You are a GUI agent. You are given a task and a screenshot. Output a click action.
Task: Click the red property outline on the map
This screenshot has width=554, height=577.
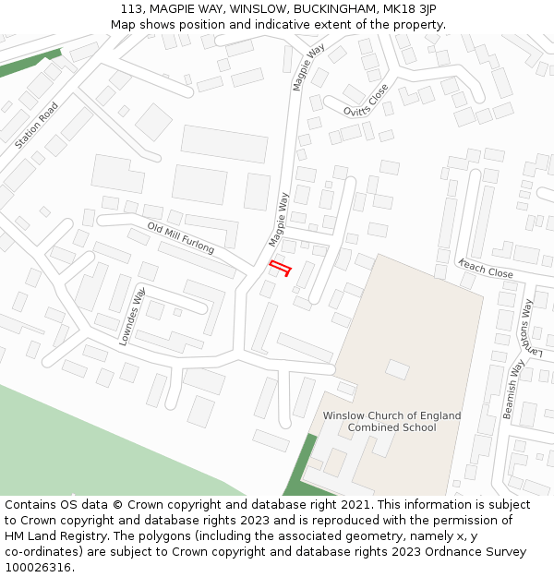click(280, 268)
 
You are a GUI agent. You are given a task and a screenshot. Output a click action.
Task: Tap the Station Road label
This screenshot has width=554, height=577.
click(37, 126)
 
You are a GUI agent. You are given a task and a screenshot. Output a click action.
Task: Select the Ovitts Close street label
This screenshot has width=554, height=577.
click(367, 100)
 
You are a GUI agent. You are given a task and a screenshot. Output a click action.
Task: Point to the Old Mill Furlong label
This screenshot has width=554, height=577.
click(181, 238)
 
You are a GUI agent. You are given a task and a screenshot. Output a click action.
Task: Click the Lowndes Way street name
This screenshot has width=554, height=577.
click(133, 317)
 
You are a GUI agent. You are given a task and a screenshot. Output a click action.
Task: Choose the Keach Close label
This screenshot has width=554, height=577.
click(486, 270)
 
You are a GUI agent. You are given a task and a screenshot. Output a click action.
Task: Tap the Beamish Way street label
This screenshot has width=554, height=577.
click(513, 389)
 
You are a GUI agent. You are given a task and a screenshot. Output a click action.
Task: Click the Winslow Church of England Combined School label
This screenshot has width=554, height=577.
click(391, 422)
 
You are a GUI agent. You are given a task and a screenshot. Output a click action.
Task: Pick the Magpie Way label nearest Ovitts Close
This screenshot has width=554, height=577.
click(309, 66)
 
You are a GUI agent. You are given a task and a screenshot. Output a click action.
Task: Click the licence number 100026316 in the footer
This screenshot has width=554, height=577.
click(39, 568)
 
